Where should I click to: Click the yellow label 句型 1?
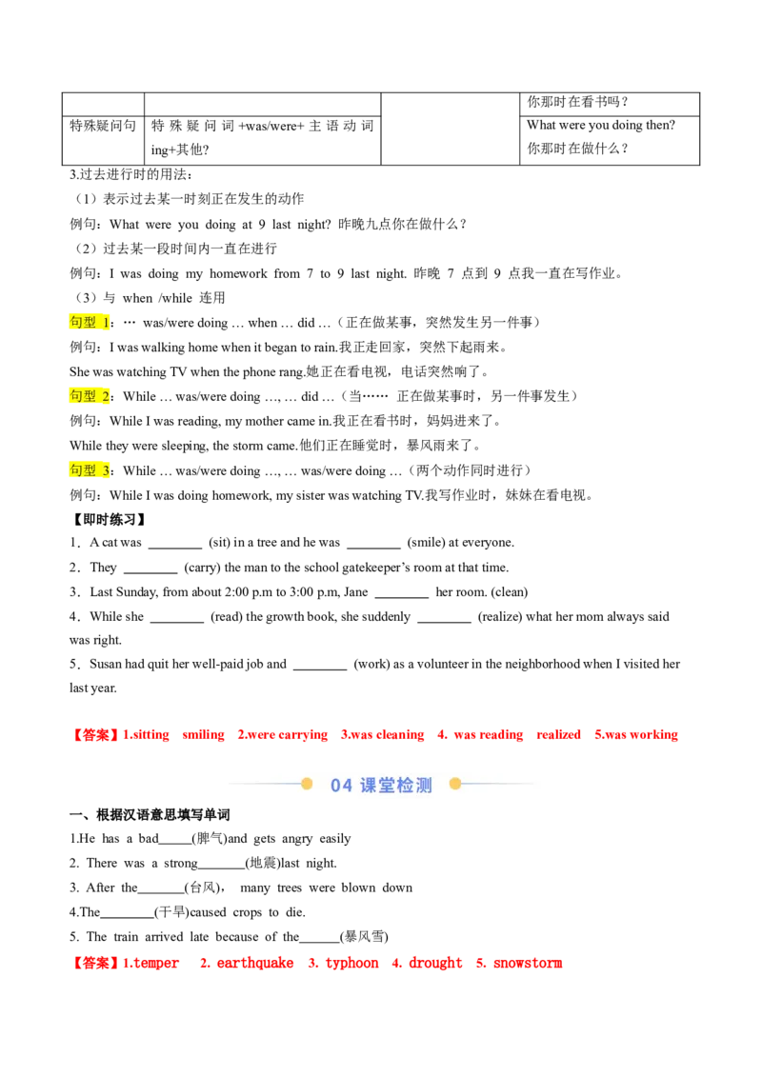(x=90, y=323)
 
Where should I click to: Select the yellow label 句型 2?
(x=90, y=395)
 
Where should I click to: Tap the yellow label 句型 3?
(x=90, y=469)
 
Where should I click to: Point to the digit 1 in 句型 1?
(x=106, y=323)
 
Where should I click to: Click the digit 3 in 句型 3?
(x=106, y=470)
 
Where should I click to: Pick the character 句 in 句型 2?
(x=76, y=395)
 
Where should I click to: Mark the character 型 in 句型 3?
(x=90, y=469)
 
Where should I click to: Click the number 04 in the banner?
(x=341, y=786)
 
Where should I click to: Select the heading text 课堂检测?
(x=396, y=786)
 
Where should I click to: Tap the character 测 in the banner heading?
(x=425, y=786)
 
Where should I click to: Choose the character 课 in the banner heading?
(x=370, y=786)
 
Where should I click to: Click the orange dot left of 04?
(x=307, y=784)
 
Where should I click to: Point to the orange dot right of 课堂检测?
(x=455, y=784)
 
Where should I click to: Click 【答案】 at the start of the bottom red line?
(x=95, y=964)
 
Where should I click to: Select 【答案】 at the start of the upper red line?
(x=95, y=735)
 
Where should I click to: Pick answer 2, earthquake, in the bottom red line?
(x=248, y=964)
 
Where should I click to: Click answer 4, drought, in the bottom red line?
(x=427, y=964)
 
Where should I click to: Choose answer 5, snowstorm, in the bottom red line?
(x=519, y=964)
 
